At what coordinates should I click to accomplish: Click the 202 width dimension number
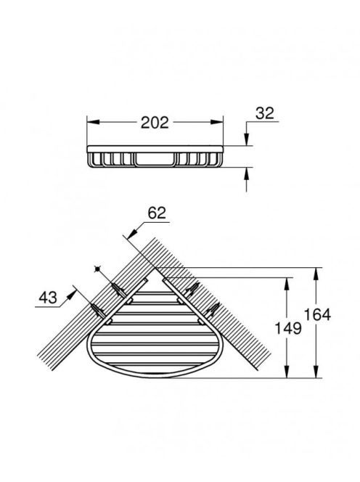pos(155,123)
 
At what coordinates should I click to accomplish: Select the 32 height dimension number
pos(265,113)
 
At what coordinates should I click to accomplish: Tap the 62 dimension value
pos(157,213)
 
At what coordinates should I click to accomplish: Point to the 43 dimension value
pos(48,298)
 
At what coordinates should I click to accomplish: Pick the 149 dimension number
pos(287,328)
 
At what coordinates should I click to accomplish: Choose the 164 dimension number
pos(317,315)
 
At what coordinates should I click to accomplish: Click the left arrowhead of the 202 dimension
pos(93,122)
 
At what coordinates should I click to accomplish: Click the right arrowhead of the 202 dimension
pos(217,122)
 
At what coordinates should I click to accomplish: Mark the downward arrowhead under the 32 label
pos(246,139)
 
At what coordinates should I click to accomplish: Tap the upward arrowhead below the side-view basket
pos(246,173)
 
